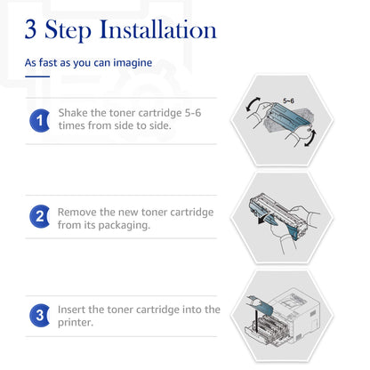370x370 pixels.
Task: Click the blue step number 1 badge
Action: [x=40, y=120]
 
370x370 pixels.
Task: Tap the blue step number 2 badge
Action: [x=40, y=216]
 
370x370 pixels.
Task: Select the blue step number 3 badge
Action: [x=40, y=316]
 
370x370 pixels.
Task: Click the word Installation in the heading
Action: [x=158, y=29]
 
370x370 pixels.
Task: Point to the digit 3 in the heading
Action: [x=30, y=29]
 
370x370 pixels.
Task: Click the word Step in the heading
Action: [x=68, y=30]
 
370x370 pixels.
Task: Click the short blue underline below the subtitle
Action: [x=37, y=76]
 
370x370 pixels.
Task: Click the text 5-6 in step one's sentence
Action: [x=193, y=113]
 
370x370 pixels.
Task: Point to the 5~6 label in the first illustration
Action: [x=288, y=101]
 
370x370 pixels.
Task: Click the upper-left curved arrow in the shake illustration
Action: [x=253, y=104]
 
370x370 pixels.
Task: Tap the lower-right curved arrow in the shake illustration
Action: [x=310, y=138]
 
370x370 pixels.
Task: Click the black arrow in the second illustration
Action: [x=265, y=219]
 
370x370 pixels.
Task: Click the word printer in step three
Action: [x=76, y=323]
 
